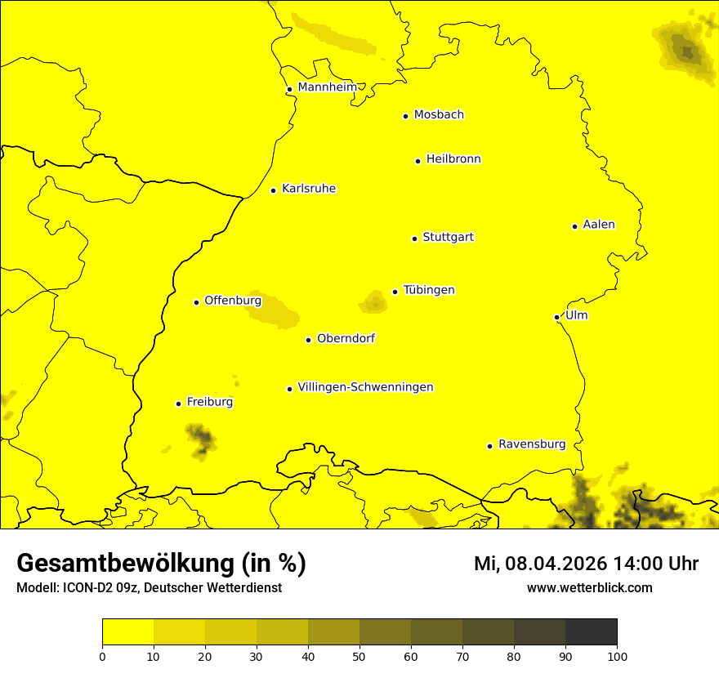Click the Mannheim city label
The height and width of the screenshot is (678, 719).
point(327,87)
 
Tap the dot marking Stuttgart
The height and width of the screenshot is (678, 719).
point(415,239)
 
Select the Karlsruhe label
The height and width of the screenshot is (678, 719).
point(309,189)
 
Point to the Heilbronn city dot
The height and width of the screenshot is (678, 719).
point(418,161)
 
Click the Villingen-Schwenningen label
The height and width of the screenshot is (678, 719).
point(366,387)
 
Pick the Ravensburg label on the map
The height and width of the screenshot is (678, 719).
point(532,444)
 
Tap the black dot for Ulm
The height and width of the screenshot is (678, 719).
point(557,317)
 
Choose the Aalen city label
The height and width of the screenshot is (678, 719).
point(599,225)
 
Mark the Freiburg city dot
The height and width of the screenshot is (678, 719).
point(178,404)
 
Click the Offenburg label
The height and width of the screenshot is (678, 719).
point(233,301)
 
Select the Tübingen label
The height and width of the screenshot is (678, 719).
point(429,290)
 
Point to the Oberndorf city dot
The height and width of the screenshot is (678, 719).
point(308,340)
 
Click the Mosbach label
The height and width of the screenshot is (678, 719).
point(439,115)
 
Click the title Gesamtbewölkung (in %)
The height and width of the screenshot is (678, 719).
point(161,564)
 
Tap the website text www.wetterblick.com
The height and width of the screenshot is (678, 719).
point(590,587)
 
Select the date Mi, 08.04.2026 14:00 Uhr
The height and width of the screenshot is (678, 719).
point(586,564)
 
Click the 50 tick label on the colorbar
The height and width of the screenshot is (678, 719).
point(359,655)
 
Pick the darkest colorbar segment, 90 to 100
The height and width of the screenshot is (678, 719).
point(591,632)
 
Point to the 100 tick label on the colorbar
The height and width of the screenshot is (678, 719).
point(617,655)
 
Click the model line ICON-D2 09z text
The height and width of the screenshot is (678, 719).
point(149,587)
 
